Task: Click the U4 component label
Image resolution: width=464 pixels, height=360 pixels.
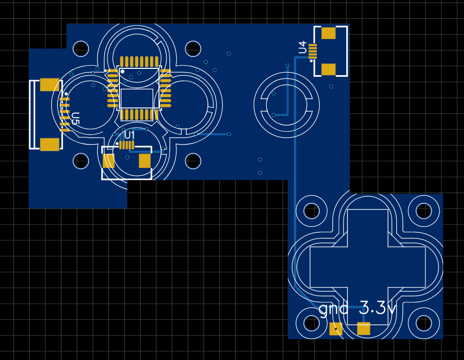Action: point(302,47)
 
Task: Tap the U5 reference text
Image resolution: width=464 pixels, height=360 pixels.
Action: point(76,118)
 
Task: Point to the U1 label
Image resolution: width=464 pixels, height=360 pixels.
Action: point(129,135)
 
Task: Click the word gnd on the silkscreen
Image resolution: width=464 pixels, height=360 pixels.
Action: point(334,309)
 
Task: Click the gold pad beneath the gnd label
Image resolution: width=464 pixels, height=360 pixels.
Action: point(336,329)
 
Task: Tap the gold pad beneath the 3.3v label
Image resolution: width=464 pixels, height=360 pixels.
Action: point(364,329)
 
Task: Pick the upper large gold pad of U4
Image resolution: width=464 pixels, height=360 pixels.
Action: point(328,33)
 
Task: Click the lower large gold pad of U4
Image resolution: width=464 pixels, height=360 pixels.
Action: point(328,69)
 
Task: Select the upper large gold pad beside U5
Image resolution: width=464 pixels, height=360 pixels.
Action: point(50,85)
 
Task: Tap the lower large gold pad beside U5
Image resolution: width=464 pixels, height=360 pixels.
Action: point(50,145)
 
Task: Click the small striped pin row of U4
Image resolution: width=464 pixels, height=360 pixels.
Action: point(313,51)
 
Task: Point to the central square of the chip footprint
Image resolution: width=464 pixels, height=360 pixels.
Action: point(137,98)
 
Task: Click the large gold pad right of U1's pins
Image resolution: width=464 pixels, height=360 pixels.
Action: point(145,161)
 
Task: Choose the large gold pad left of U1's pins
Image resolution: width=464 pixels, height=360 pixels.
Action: point(108,161)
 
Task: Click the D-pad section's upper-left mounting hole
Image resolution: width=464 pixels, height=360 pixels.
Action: point(312,211)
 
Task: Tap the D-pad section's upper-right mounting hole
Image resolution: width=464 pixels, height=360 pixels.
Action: point(424,211)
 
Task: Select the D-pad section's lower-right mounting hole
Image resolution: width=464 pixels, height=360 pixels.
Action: point(424,323)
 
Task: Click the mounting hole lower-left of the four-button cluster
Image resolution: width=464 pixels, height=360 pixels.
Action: point(81,161)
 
